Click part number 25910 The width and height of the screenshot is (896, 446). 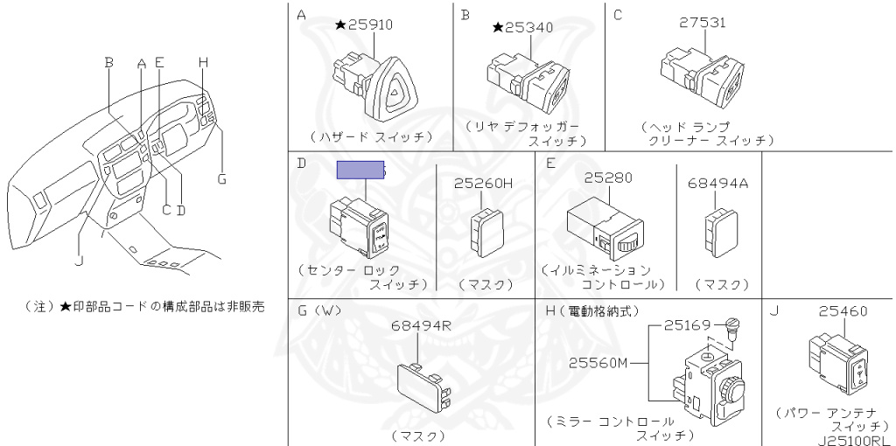pyautogui.click(x=370, y=24)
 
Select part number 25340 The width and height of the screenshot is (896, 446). pyautogui.click(x=529, y=27)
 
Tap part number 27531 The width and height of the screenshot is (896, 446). pyautogui.click(x=703, y=22)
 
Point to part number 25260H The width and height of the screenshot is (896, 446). pyautogui.click(x=483, y=184)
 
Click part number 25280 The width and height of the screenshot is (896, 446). pyautogui.click(x=609, y=178)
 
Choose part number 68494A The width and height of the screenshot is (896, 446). pyautogui.click(x=717, y=184)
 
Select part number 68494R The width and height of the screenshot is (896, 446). pyautogui.click(x=421, y=325)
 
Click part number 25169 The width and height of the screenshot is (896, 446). pyautogui.click(x=686, y=325)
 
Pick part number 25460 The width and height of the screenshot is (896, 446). pyautogui.click(x=843, y=311)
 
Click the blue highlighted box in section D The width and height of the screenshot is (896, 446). pyautogui.click(x=360, y=170)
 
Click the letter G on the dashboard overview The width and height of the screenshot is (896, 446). pyautogui.click(x=221, y=178)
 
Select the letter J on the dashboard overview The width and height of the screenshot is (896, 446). pyautogui.click(x=79, y=261)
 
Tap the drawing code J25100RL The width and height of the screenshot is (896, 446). pyautogui.click(x=854, y=440)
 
